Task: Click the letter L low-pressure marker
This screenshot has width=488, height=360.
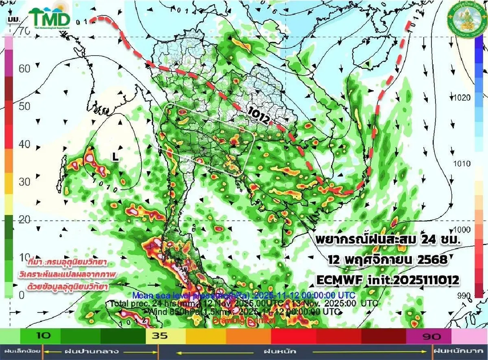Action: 115,157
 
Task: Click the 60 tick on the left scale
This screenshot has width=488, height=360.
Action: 24,68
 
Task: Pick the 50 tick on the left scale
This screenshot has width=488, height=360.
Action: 24,106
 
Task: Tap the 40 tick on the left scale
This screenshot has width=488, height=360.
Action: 24,144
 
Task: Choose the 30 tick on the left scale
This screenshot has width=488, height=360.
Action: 24,182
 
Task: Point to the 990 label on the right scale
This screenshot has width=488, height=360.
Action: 464,295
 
